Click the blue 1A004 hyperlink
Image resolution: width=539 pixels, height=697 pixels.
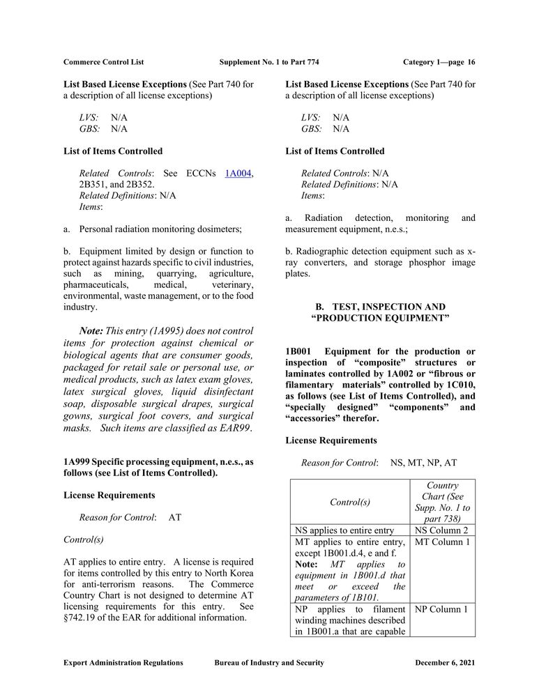pyautogui.click(x=237, y=174)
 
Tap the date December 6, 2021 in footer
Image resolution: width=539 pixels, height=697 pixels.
pyautogui.click(x=445, y=663)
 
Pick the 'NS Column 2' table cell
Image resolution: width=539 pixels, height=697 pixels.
pyautogui.click(x=442, y=530)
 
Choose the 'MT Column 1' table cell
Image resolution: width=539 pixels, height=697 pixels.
pyautogui.click(x=442, y=542)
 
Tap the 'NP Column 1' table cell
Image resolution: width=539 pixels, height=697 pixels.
pyautogui.click(x=442, y=609)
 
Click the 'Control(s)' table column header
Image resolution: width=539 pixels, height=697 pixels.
pyautogui.click(x=349, y=502)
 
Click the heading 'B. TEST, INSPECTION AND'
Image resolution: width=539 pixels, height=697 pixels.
pyautogui.click(x=380, y=307)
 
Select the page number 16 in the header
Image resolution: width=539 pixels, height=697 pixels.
pyautogui.click(x=471, y=62)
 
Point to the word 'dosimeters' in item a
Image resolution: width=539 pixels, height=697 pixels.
pyautogui.click(x=217, y=229)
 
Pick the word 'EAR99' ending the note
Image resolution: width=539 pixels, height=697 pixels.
pyautogui.click(x=235, y=428)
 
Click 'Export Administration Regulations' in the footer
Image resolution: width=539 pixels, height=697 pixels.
pyautogui.click(x=123, y=663)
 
